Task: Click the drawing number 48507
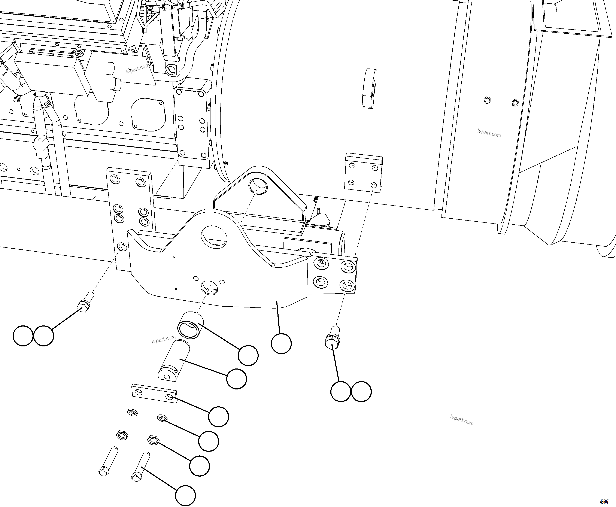[604, 502]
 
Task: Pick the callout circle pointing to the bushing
[248, 355]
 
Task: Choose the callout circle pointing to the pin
[237, 379]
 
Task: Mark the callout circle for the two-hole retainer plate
[218, 416]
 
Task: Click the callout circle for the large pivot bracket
[281, 343]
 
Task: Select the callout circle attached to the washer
[209, 441]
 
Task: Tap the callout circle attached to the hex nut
[200, 466]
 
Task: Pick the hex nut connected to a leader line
[153, 440]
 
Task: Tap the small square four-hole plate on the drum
[363, 173]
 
